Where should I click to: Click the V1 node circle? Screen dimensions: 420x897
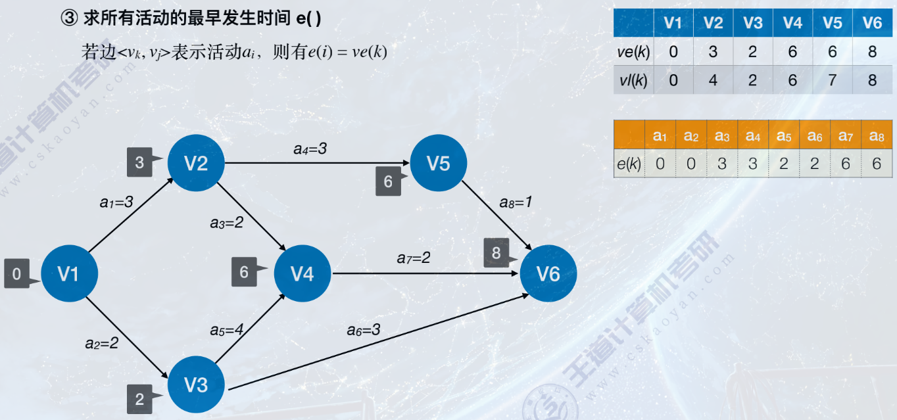click(69, 273)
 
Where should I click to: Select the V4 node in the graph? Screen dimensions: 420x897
click(303, 273)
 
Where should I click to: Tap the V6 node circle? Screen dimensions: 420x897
click(548, 273)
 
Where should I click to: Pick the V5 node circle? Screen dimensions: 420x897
click(439, 163)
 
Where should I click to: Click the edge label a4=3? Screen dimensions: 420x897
click(310, 149)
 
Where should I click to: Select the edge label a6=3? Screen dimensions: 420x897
click(364, 329)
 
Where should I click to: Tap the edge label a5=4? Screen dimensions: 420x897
click(227, 329)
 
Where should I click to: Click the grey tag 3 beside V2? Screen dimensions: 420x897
click(140, 162)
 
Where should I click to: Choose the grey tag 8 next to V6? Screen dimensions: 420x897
click(497, 253)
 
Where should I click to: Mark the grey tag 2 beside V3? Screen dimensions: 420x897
click(140, 398)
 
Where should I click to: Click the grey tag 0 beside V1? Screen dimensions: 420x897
click(17, 273)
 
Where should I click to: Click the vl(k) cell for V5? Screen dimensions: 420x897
click(832, 80)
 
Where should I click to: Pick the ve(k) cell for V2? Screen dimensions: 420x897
click(713, 51)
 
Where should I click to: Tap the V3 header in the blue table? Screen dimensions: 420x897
click(752, 23)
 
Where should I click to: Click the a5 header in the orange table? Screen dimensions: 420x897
click(783, 135)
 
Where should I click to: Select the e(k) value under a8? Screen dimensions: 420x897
click(876, 164)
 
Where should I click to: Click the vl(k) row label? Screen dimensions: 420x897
click(633, 80)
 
